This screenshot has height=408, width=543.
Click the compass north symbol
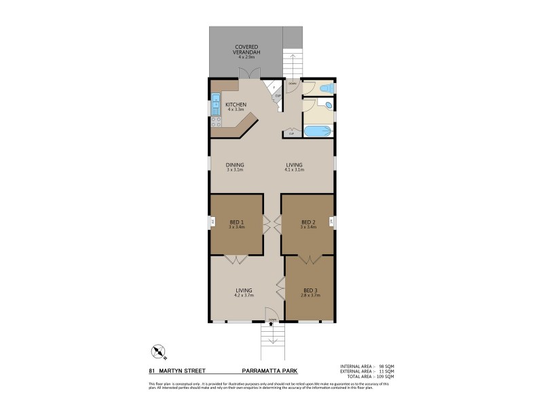click(x=159, y=352)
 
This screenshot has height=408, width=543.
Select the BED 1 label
click(x=236, y=222)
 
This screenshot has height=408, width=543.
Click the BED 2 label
click(x=307, y=222)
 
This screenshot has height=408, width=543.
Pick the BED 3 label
click(x=310, y=290)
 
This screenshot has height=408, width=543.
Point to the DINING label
click(x=235, y=165)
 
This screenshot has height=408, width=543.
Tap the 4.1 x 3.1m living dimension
click(x=294, y=169)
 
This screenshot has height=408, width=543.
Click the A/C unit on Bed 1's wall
click(x=212, y=222)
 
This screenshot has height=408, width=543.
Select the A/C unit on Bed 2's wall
click(x=331, y=222)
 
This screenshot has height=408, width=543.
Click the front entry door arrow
click(x=271, y=324)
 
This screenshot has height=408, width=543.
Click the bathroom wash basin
click(x=326, y=106)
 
